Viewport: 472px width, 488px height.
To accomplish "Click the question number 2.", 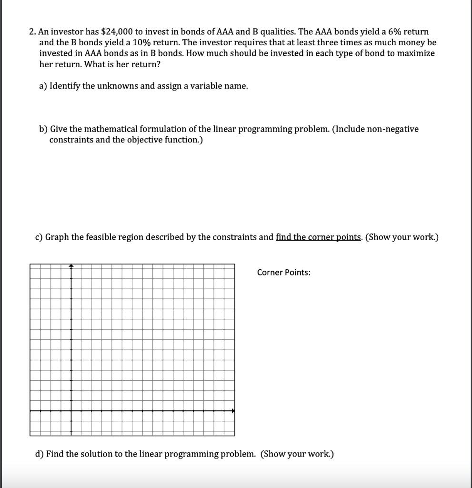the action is (31, 31).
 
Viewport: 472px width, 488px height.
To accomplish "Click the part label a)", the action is (43, 86).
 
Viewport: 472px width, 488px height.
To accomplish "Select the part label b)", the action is (43, 129).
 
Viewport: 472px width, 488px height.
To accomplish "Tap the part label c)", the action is (40, 237).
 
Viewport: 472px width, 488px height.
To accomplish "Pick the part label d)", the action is (40, 454).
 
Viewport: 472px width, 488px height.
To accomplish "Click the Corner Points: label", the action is (284, 273).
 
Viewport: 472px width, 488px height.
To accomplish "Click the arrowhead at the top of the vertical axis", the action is (71, 266).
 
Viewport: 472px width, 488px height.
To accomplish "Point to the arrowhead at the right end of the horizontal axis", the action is (233, 411).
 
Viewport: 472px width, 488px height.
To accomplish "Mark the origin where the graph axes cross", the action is (71, 411).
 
